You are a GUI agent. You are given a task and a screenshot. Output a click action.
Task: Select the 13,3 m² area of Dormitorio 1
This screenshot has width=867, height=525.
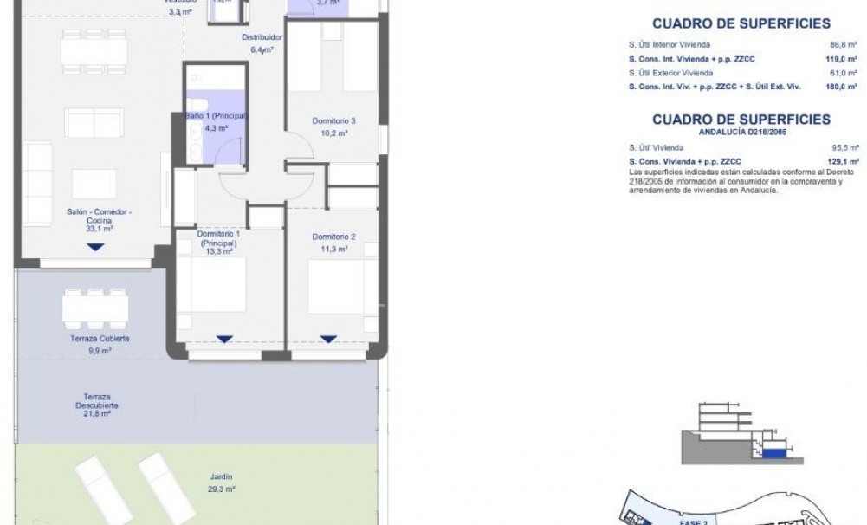tap(217, 251)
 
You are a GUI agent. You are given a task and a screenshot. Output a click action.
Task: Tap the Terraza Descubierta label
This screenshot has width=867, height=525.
tap(95, 400)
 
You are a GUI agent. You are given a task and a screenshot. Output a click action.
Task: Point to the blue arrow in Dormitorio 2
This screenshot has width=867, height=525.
tap(327, 339)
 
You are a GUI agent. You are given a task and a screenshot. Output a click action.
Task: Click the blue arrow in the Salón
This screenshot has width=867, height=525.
tap(95, 248)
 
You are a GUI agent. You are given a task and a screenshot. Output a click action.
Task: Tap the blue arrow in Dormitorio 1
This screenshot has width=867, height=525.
tap(224, 339)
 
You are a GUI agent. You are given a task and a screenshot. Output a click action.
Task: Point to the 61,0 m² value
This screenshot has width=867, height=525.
tap(843, 73)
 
